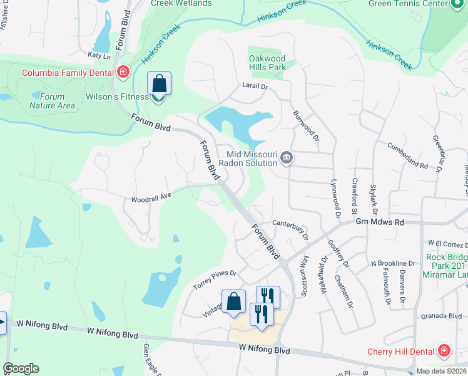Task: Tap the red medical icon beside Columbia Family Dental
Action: (x=123, y=71)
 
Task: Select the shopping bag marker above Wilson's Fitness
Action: (x=159, y=83)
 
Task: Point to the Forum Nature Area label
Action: (x=52, y=101)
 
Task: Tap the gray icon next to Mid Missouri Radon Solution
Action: (x=287, y=157)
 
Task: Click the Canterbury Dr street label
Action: (x=290, y=224)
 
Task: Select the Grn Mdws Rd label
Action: (x=381, y=222)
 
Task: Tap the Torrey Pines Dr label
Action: (x=215, y=279)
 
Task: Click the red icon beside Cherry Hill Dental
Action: (x=444, y=350)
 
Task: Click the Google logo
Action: (x=21, y=368)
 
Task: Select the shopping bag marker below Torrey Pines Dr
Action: (x=233, y=301)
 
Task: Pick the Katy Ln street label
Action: (x=99, y=56)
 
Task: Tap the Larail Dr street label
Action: (x=255, y=86)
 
